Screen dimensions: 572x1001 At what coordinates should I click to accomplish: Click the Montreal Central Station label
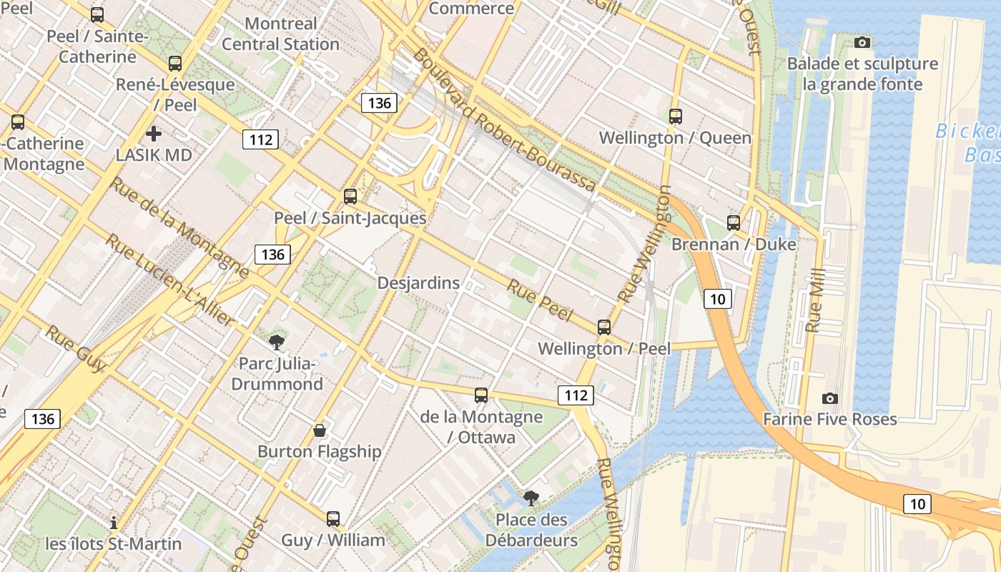coord(280,34)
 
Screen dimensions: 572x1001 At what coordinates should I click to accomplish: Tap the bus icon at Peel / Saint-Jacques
coord(350,196)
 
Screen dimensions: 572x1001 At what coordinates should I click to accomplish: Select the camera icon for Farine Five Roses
coord(829,398)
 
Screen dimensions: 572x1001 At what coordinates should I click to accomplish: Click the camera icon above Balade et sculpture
coord(862,42)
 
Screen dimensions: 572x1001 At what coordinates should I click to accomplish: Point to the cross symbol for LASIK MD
coord(153,133)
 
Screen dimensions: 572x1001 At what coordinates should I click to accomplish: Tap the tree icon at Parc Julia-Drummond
coord(277,342)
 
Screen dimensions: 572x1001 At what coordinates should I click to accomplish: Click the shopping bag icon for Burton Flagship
coord(320,430)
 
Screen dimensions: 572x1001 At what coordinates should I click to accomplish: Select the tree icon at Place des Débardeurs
coord(531,498)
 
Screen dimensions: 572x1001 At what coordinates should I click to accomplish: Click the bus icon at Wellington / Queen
coord(675,116)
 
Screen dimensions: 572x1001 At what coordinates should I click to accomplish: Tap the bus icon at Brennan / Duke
coord(733,222)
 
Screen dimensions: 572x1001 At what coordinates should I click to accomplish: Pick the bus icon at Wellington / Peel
coord(603,327)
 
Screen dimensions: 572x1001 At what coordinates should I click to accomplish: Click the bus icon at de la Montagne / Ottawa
coord(481,395)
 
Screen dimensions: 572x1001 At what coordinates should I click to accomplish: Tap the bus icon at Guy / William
coord(332,518)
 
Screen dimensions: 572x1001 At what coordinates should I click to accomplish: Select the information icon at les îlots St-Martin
coord(113,523)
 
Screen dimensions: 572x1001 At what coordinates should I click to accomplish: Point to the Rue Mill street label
coord(814,300)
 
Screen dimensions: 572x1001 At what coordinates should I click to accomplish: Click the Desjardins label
coord(418,283)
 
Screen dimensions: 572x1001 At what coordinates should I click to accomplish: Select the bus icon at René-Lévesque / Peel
coord(175,63)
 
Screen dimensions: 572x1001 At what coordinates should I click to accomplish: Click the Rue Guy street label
coord(77,349)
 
